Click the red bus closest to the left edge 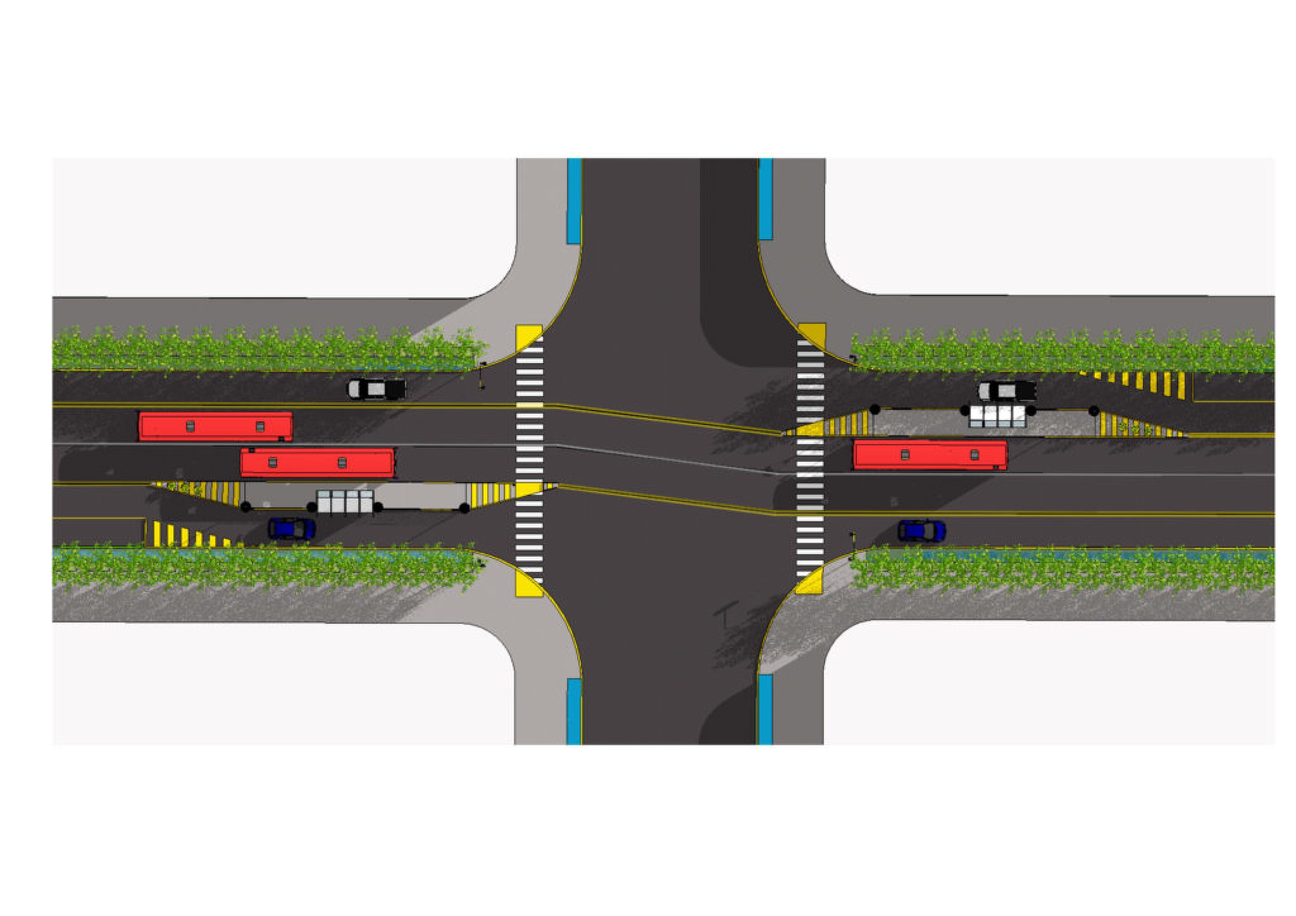(215, 426)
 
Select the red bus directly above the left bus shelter (318, 462)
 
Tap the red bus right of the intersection (930, 455)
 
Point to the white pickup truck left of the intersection (377, 388)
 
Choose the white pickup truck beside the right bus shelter (1007, 390)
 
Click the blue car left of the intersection (291, 528)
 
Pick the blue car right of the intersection (921, 530)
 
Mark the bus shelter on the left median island (345, 501)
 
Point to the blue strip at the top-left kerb (574, 201)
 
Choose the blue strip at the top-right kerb (765, 199)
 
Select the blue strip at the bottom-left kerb (573, 711)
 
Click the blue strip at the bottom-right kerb (765, 709)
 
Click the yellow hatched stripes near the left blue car (187, 535)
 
